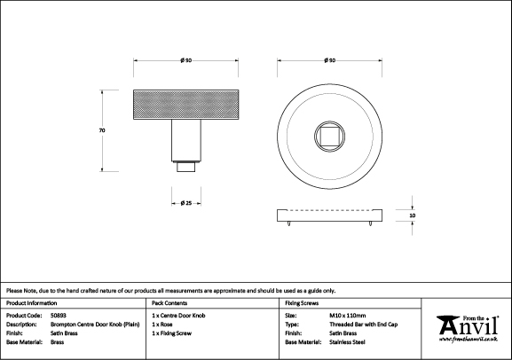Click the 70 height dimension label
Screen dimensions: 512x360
point(102,130)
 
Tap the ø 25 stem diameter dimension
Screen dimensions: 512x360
point(186,203)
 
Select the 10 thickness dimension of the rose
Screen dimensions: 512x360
point(413,215)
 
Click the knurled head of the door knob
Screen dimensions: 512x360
point(185,105)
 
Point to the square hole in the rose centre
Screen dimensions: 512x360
point(329,137)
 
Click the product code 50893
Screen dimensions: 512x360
point(59,316)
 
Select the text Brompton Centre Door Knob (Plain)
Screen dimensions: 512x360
point(95,325)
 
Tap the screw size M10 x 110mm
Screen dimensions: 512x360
point(348,316)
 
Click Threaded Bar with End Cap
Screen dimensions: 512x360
point(364,325)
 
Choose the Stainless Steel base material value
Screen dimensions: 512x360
point(347,342)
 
